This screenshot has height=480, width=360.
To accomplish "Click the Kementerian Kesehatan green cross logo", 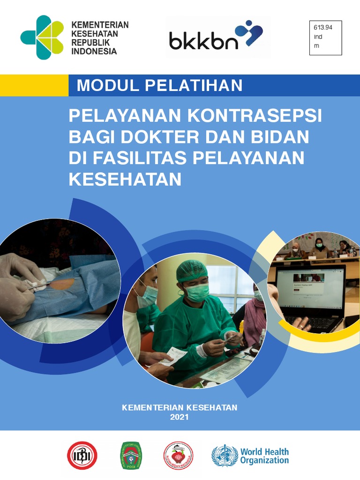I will point(42,37).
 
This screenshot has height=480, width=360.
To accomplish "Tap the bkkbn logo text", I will point(204,41).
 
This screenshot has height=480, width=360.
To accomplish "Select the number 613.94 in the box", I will point(323,28).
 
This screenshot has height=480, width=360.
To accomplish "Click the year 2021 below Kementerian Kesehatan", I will point(180,416).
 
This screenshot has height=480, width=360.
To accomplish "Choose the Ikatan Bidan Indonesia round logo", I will point(178,456).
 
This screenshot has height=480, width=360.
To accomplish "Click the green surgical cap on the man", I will point(192,270).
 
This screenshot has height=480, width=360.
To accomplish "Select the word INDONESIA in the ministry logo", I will point(94,52).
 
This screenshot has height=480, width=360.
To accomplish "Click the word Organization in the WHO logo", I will point(264,460).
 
